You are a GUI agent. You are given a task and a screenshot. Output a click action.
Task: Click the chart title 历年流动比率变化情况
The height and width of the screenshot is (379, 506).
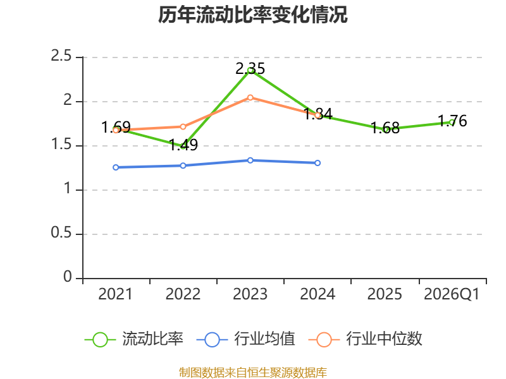point(252,15)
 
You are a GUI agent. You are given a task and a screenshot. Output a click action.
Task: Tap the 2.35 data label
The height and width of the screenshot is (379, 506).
point(250,68)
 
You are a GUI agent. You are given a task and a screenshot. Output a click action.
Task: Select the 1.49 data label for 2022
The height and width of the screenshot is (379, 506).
point(183,145)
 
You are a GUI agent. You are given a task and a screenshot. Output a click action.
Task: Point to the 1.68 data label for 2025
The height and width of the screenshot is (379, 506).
point(385,128)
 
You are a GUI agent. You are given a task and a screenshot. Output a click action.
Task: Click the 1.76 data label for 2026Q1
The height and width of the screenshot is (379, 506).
point(452,121)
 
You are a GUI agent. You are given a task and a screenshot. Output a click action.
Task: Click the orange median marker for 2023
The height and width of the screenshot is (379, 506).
point(250,98)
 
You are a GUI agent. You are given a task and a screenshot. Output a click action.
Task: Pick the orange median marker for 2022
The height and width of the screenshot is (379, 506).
point(183,127)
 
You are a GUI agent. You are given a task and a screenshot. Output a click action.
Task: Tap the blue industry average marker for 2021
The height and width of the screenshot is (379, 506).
point(116,167)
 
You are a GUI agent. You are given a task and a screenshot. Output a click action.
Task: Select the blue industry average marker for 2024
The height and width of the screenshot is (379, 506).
point(318,163)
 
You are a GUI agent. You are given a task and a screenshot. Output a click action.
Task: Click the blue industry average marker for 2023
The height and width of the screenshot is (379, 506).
point(250,160)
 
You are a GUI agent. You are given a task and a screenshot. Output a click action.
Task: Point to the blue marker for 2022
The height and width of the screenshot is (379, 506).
point(183,165)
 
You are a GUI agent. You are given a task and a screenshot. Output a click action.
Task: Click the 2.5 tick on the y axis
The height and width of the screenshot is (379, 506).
point(61,56)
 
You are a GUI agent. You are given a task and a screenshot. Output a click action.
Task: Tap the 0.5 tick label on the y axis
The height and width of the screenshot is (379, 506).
point(61,232)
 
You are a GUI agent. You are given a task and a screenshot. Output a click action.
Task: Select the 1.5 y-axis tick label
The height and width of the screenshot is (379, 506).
point(61,144)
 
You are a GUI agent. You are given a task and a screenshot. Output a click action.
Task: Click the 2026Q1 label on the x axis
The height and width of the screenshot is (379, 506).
point(452,294)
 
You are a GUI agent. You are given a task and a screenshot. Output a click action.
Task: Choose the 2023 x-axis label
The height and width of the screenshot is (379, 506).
point(250,294)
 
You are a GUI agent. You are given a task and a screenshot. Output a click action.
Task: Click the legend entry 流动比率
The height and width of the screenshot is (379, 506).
point(134,339)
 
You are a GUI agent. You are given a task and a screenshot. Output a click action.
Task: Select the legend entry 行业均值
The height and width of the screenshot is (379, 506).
point(246,339)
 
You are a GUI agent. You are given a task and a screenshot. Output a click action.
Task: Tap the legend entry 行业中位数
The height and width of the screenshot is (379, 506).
point(366,339)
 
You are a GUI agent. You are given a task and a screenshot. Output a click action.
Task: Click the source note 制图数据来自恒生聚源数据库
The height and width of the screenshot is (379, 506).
point(252,372)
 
